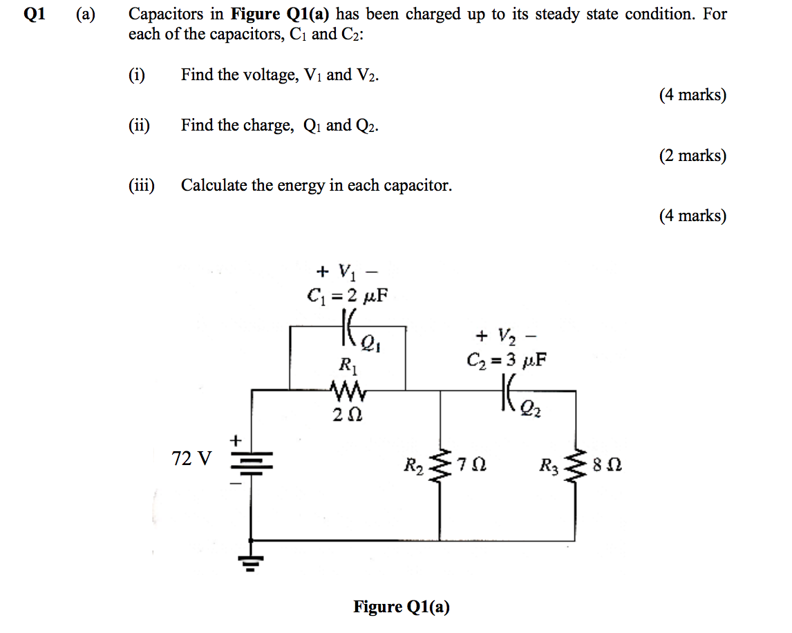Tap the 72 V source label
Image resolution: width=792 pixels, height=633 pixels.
192,458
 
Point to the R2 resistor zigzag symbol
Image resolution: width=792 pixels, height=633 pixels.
439,465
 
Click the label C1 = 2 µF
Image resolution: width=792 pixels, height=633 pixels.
347,296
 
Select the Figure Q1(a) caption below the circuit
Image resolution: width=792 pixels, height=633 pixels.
401,607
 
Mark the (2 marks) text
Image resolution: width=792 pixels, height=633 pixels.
692,155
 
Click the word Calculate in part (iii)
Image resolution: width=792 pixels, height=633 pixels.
213,185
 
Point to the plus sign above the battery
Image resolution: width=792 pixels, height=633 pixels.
236,439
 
